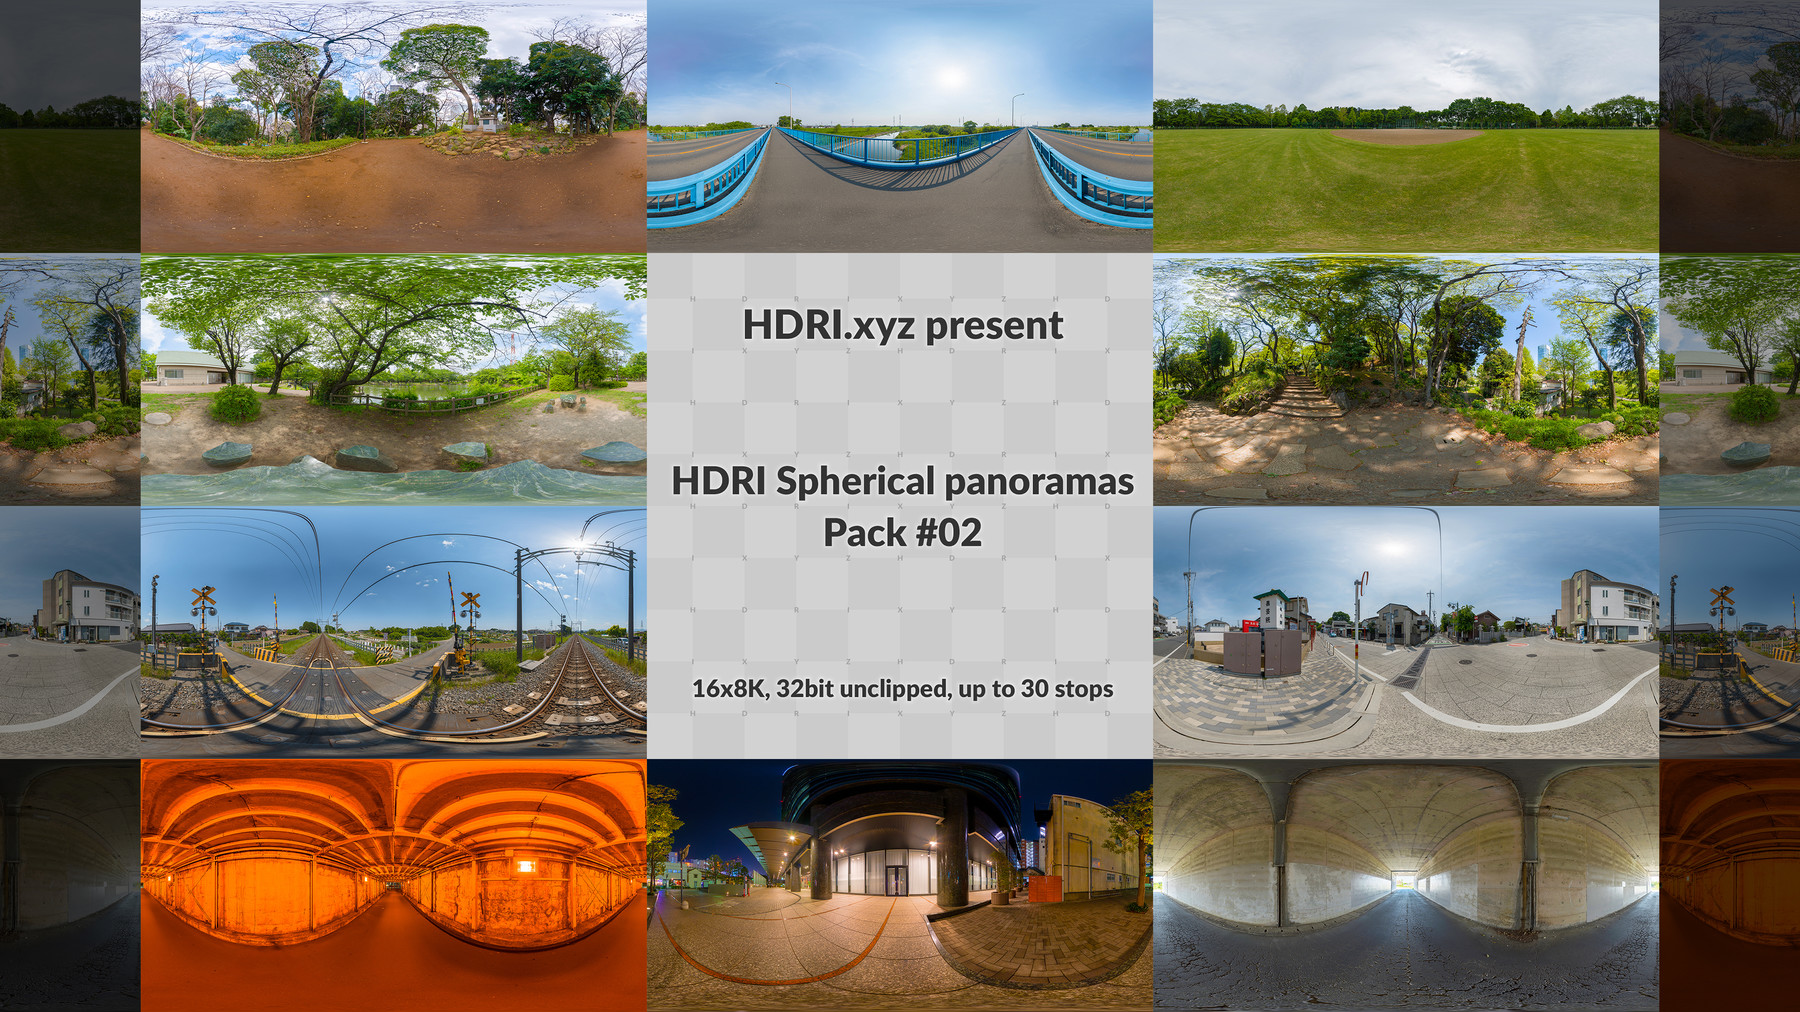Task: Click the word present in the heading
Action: tap(994, 327)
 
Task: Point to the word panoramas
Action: tap(1039, 482)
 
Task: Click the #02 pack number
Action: tap(948, 533)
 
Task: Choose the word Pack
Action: tap(864, 533)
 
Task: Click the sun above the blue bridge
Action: tap(951, 75)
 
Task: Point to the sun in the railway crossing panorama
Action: tap(580, 544)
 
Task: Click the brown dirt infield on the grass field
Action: tap(1407, 137)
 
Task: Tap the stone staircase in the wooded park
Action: tap(1300, 396)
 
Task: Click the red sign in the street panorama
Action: tap(1251, 625)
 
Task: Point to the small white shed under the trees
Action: tap(487, 121)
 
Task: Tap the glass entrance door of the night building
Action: tap(896, 880)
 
